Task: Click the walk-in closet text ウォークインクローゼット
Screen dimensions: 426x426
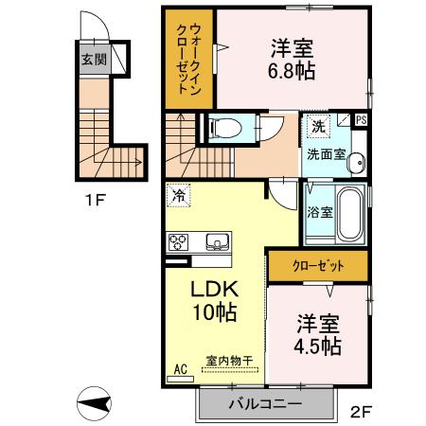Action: click(188, 57)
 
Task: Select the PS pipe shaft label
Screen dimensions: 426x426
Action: click(361, 120)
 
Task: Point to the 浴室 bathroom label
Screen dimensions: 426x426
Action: click(318, 213)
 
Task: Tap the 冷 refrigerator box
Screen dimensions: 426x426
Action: click(178, 197)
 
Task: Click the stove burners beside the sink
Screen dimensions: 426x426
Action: click(178, 242)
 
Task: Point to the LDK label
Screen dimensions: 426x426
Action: click(213, 287)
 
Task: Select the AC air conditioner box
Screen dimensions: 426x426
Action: click(180, 372)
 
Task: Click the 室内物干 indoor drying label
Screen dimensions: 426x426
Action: click(229, 360)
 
